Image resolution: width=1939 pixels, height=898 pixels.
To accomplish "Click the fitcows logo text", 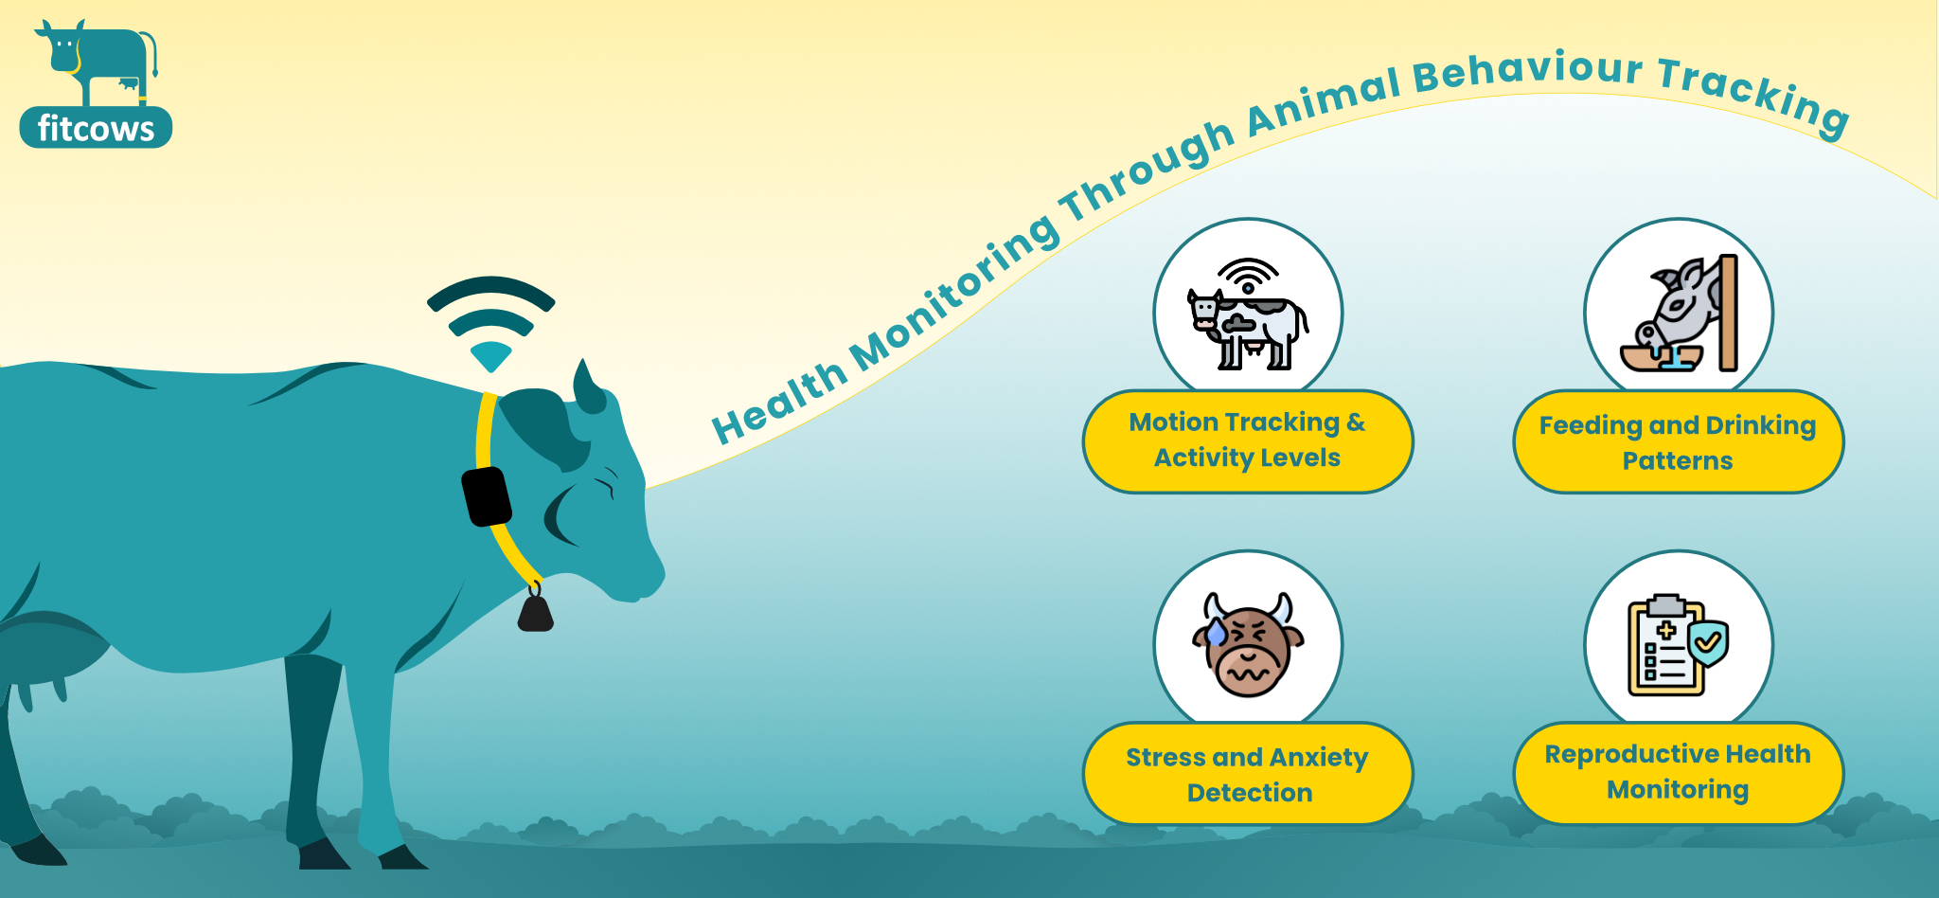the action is pyautogui.click(x=96, y=128).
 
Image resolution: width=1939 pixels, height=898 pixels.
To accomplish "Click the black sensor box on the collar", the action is pyautogui.click(x=487, y=495).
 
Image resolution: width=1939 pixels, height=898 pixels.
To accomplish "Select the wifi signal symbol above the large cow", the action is pyautogui.click(x=491, y=323).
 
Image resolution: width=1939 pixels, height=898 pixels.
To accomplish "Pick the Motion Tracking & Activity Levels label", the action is pyautogui.click(x=1248, y=440).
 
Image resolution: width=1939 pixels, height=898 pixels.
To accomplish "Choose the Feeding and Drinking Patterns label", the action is pyautogui.click(x=1678, y=442).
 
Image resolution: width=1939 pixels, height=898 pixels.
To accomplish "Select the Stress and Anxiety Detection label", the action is pyautogui.click(x=1248, y=774).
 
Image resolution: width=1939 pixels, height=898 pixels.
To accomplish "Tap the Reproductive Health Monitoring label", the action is pyautogui.click(x=1678, y=772).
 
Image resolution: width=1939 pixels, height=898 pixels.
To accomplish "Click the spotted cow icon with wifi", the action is pyautogui.click(x=1248, y=314).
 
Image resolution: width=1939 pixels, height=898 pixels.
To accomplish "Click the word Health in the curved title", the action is pyautogui.click(x=778, y=402).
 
